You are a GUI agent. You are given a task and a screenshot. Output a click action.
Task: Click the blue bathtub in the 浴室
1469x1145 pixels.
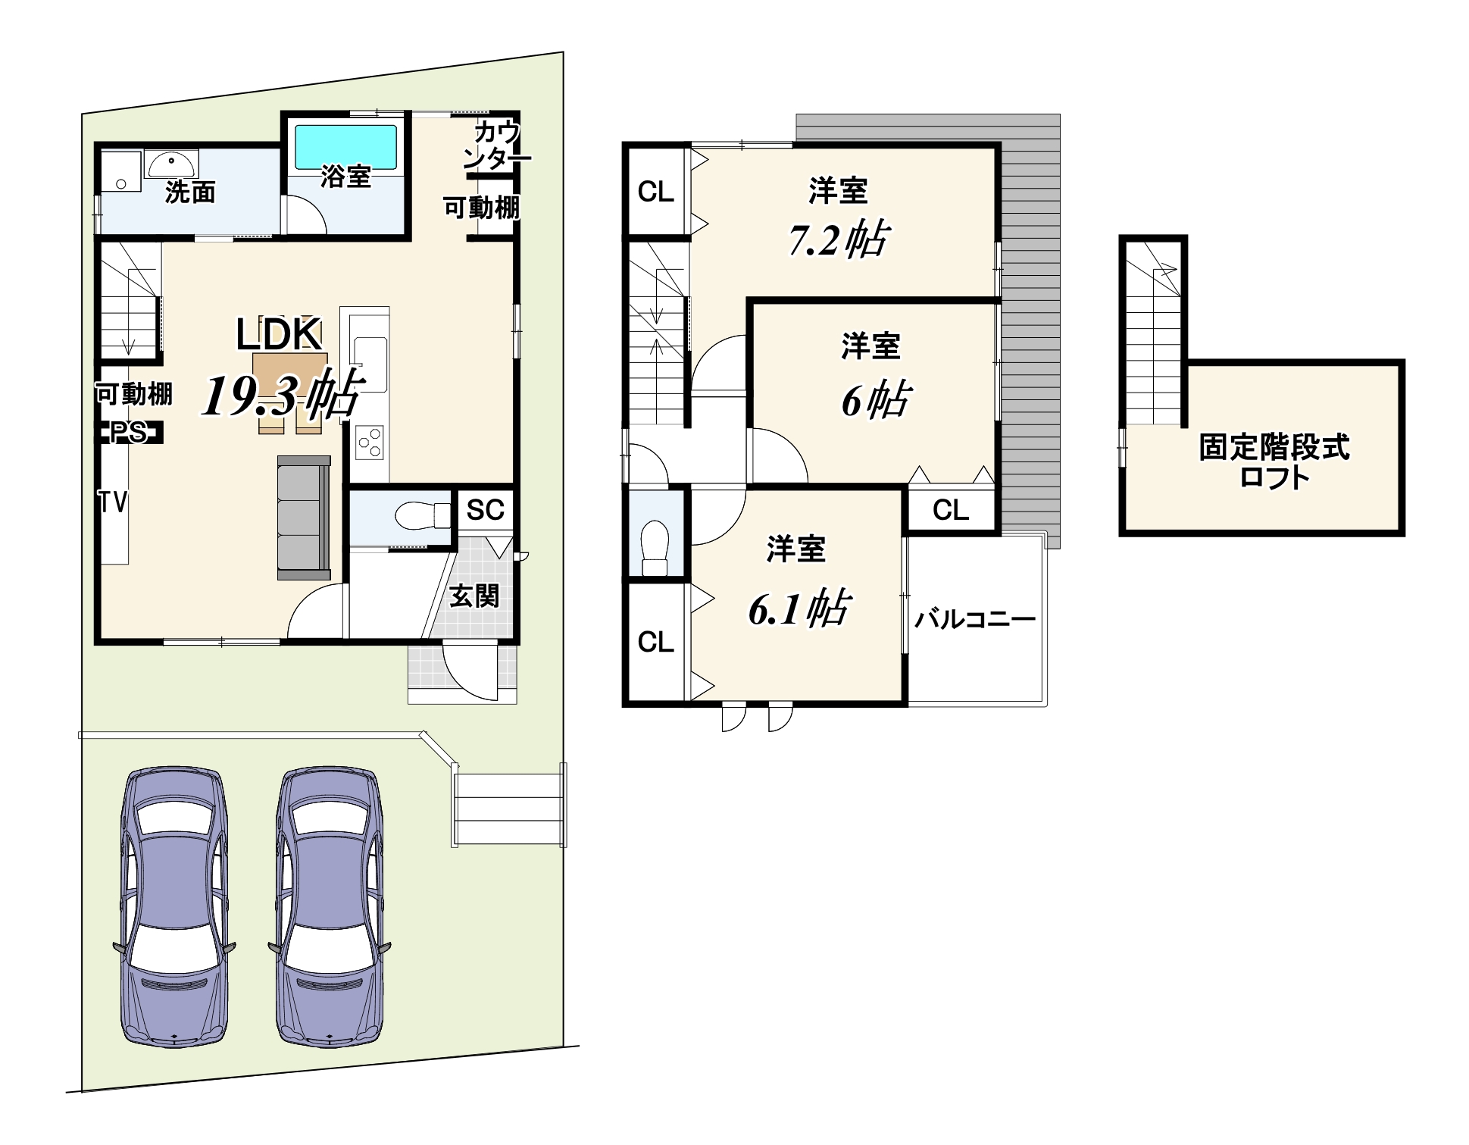345,147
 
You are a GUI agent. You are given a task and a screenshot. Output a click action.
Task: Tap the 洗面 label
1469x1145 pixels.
190,192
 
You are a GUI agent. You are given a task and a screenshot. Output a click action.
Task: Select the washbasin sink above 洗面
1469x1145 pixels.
171,164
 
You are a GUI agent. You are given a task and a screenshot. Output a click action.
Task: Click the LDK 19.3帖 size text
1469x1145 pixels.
282,394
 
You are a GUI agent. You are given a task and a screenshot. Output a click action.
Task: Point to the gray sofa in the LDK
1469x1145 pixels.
304,518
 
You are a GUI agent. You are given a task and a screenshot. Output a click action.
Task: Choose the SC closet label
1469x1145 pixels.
485,510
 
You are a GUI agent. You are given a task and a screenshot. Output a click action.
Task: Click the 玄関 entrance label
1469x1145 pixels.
474,596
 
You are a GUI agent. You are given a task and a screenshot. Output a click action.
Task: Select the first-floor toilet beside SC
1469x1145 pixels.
423,516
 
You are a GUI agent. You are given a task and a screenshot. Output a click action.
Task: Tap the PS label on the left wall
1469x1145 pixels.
129,432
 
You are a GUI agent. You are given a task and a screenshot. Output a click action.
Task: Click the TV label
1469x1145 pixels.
113,502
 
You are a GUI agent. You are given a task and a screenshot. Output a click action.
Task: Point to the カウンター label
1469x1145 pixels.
497,145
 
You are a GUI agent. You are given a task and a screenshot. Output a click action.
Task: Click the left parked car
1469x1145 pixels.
175,906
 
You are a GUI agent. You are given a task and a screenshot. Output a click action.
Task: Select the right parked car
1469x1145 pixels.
330,906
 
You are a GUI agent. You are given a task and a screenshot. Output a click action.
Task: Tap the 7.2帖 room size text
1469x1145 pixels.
838,239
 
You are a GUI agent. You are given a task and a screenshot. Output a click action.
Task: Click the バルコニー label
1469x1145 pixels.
975,619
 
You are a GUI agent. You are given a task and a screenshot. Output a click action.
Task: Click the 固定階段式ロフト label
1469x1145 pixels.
1274,461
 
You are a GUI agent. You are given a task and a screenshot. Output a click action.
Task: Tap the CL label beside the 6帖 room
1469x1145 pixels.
951,510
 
